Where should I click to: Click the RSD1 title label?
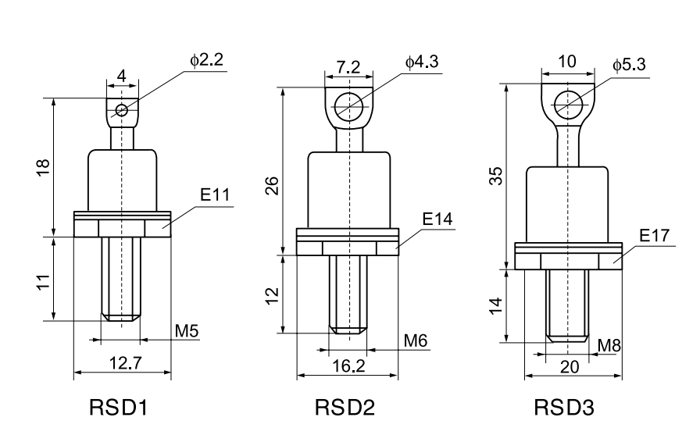click(118, 408)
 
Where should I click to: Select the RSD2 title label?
click(345, 408)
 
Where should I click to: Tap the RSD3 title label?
click(564, 408)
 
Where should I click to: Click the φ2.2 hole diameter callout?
click(207, 60)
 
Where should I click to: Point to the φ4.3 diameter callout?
click(422, 62)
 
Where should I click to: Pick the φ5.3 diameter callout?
click(629, 64)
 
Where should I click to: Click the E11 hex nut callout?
click(215, 194)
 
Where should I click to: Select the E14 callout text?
click(437, 219)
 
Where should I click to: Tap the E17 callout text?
click(655, 235)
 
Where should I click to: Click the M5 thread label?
click(187, 331)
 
